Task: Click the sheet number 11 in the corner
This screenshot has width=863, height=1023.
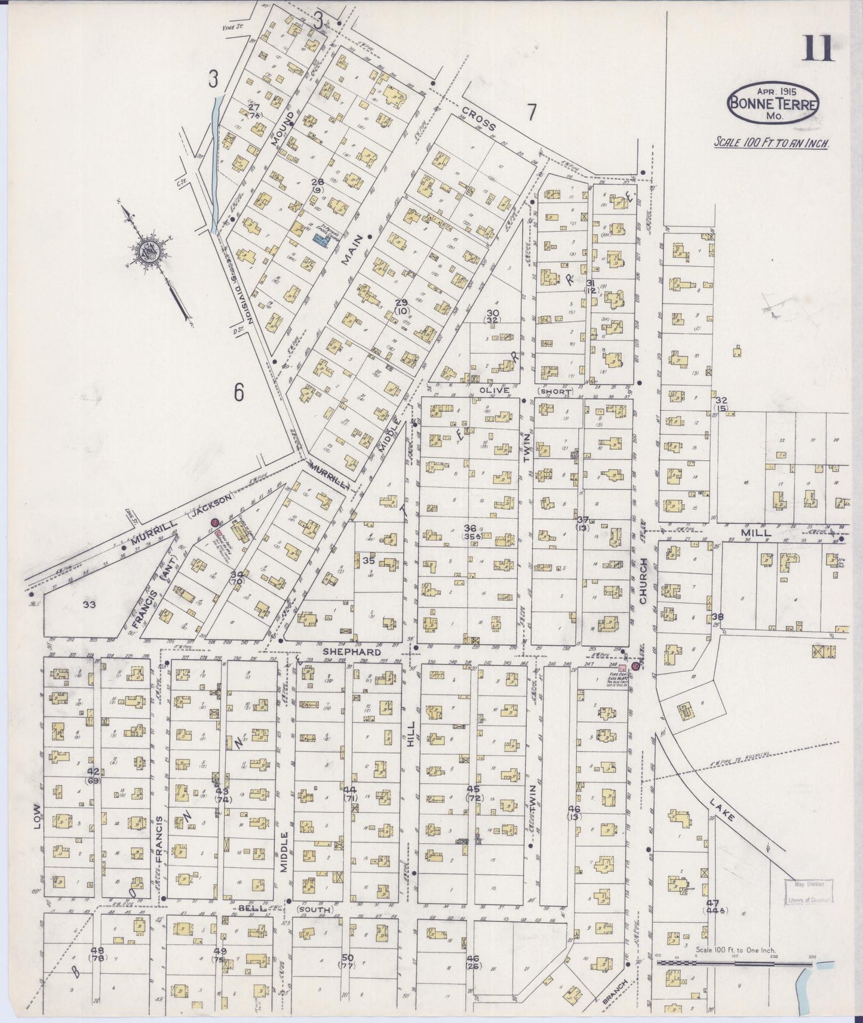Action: click(x=818, y=48)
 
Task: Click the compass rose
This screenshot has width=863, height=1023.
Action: click(x=148, y=251)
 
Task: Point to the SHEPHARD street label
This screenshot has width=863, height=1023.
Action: click(x=352, y=652)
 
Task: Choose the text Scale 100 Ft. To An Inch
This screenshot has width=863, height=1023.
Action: click(x=770, y=143)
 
